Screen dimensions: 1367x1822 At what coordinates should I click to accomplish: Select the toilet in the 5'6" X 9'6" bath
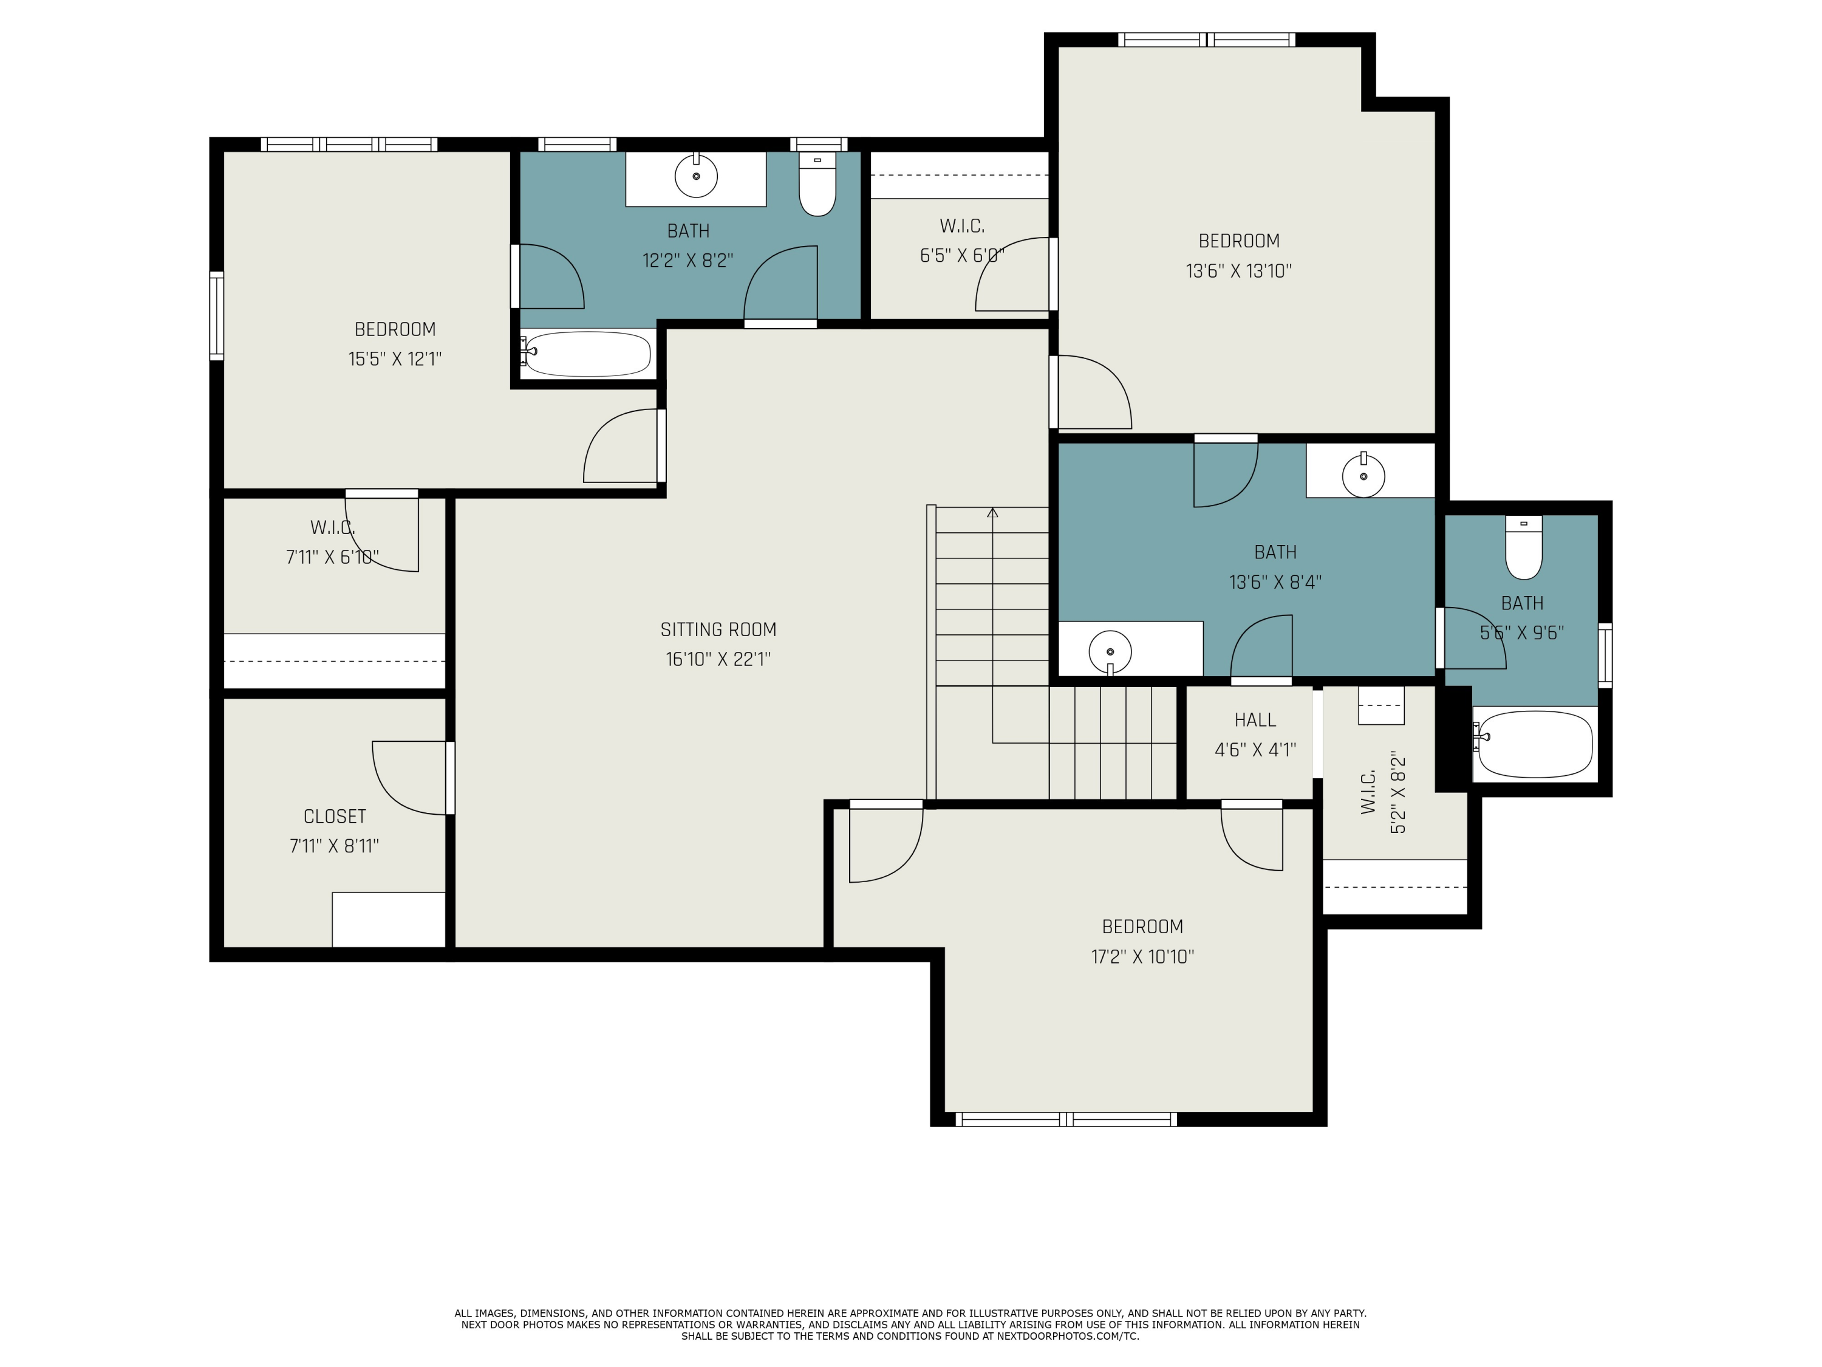[1523, 550]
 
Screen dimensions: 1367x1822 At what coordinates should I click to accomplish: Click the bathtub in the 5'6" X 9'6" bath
[1535, 744]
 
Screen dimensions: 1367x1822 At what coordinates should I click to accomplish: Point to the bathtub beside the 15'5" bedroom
[587, 354]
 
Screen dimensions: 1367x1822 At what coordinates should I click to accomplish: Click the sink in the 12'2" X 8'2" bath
[696, 176]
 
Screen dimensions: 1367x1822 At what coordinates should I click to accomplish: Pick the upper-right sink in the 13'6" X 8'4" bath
[1363, 476]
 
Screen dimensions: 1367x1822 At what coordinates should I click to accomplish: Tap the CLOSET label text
[335, 817]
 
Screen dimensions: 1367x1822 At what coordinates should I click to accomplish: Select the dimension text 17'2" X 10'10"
[1142, 957]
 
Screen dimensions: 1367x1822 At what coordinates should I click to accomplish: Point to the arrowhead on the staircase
[992, 513]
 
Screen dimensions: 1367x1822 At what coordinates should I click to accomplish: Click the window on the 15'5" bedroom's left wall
[217, 315]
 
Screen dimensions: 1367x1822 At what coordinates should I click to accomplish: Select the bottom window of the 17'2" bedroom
[1066, 1119]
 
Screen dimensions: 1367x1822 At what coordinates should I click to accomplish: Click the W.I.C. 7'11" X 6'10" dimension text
[332, 557]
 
